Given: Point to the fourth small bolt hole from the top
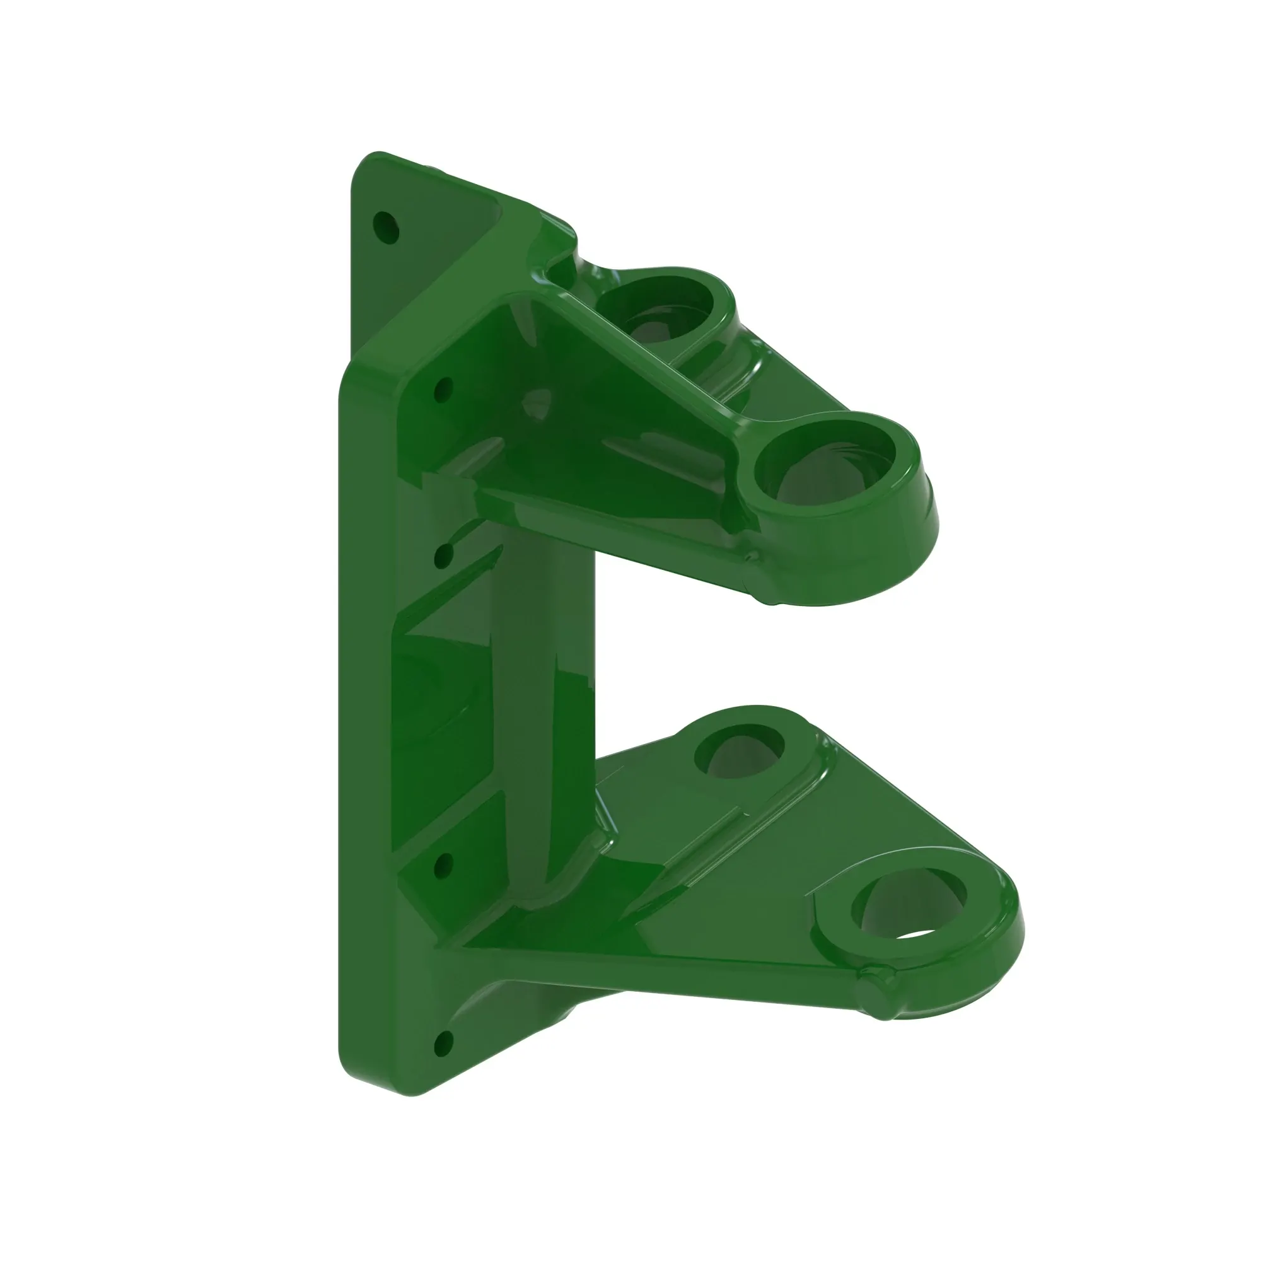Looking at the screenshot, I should (443, 867).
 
